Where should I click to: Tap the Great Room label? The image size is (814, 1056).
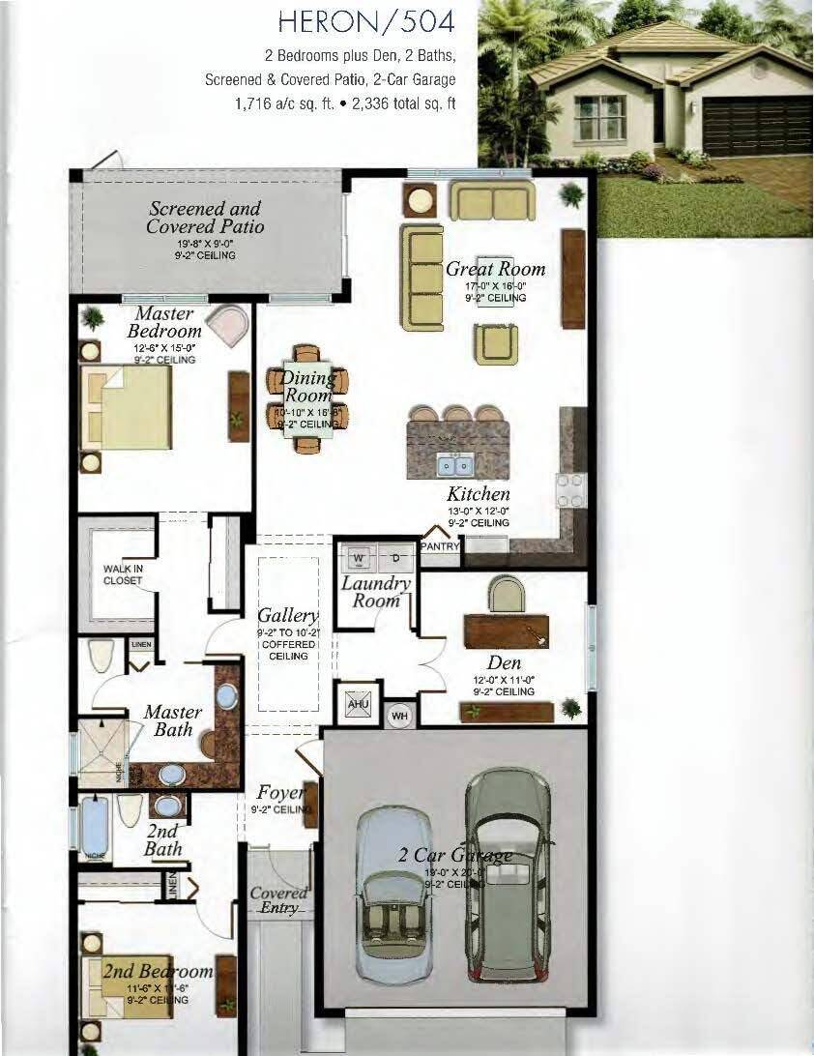495,269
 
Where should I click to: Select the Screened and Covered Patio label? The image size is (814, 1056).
205,218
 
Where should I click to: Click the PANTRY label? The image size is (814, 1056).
440,546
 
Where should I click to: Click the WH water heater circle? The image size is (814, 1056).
399,717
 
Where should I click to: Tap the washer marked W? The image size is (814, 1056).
359,558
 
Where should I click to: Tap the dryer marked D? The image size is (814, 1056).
395,558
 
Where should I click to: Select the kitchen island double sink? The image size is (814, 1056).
451,465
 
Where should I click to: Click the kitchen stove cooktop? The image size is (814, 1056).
570,490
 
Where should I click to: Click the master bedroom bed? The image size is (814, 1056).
126,407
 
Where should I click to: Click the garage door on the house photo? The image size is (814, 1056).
757,126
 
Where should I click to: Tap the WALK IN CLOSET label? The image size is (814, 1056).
123,575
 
